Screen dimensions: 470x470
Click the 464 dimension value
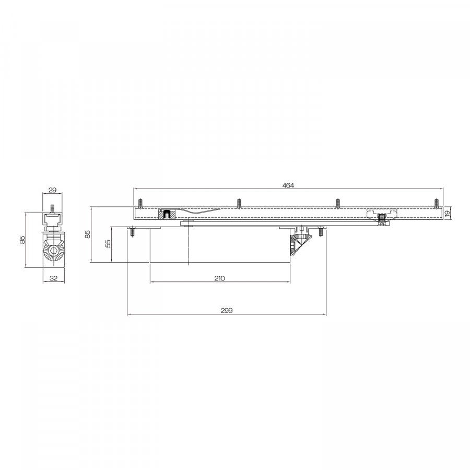(x=288, y=185)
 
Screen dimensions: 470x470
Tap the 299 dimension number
(x=227, y=311)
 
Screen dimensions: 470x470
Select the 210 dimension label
(x=220, y=278)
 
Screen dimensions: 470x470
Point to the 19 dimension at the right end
(x=448, y=214)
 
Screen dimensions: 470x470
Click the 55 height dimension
(x=108, y=243)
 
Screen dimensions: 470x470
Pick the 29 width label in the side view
(x=52, y=190)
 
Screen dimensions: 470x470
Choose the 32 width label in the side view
(x=53, y=278)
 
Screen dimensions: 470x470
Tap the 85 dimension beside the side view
(x=22, y=240)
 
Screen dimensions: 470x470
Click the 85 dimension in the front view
(x=88, y=234)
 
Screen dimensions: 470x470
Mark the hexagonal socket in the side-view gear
(x=53, y=251)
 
